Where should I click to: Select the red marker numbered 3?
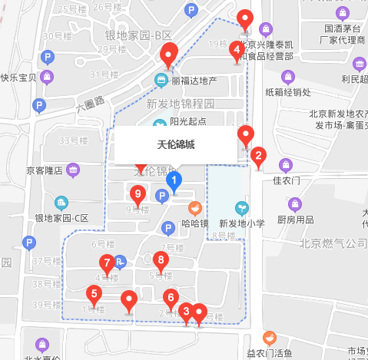[184, 312]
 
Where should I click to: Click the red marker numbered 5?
[94, 294]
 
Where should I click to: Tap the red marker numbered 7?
[107, 263]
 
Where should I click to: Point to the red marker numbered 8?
[160, 260]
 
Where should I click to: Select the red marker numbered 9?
[138, 194]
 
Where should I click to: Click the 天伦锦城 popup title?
[177, 144]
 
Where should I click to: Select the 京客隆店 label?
[44, 170]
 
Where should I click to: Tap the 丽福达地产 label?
[194, 81]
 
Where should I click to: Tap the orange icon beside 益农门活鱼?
[269, 338]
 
